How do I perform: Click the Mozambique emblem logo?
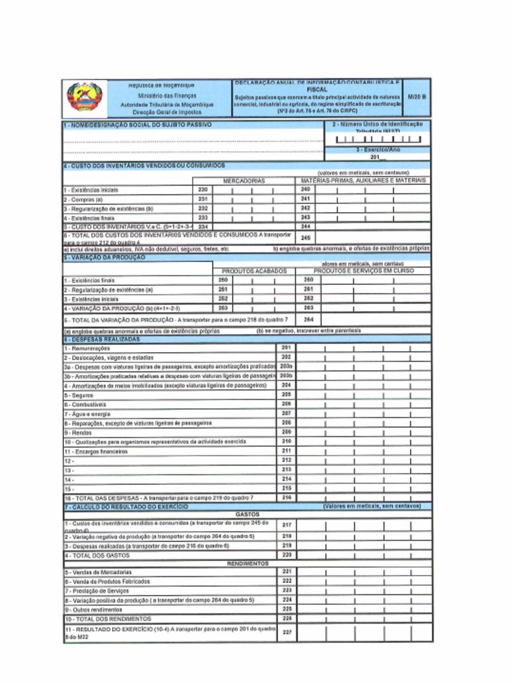(84, 97)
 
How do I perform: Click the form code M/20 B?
(419, 97)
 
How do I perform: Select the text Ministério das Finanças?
(163, 96)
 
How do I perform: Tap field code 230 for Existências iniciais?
(203, 190)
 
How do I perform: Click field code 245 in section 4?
(306, 237)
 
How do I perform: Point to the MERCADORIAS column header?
(244, 181)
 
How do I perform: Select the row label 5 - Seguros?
(78, 395)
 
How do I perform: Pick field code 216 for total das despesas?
(286, 498)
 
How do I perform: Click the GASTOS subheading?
(247, 514)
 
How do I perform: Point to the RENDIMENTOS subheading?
(247, 564)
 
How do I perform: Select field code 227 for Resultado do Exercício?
(287, 632)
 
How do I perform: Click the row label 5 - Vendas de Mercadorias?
(98, 572)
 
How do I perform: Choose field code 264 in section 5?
(307, 319)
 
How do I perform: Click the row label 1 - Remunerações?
(87, 348)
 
